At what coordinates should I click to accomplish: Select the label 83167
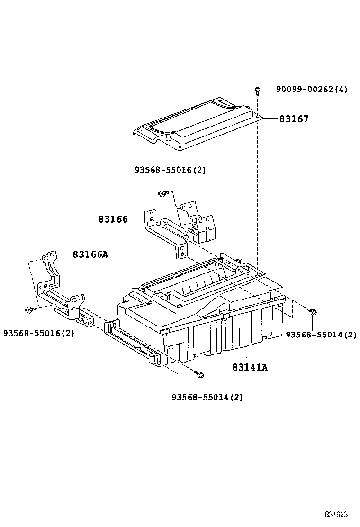point(293,119)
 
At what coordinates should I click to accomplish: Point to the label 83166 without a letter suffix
point(113,219)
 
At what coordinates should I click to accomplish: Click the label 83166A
point(90,255)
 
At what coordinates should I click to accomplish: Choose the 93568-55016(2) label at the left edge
point(39,333)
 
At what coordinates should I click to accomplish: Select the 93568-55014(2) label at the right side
point(321,335)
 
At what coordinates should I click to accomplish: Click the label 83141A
point(250,367)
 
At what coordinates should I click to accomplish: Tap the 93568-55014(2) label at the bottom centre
point(207,397)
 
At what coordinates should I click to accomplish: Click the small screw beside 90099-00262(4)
point(257,89)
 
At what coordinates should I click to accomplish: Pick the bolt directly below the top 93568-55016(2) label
point(162,193)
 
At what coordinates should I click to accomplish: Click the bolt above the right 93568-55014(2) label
point(313,311)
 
